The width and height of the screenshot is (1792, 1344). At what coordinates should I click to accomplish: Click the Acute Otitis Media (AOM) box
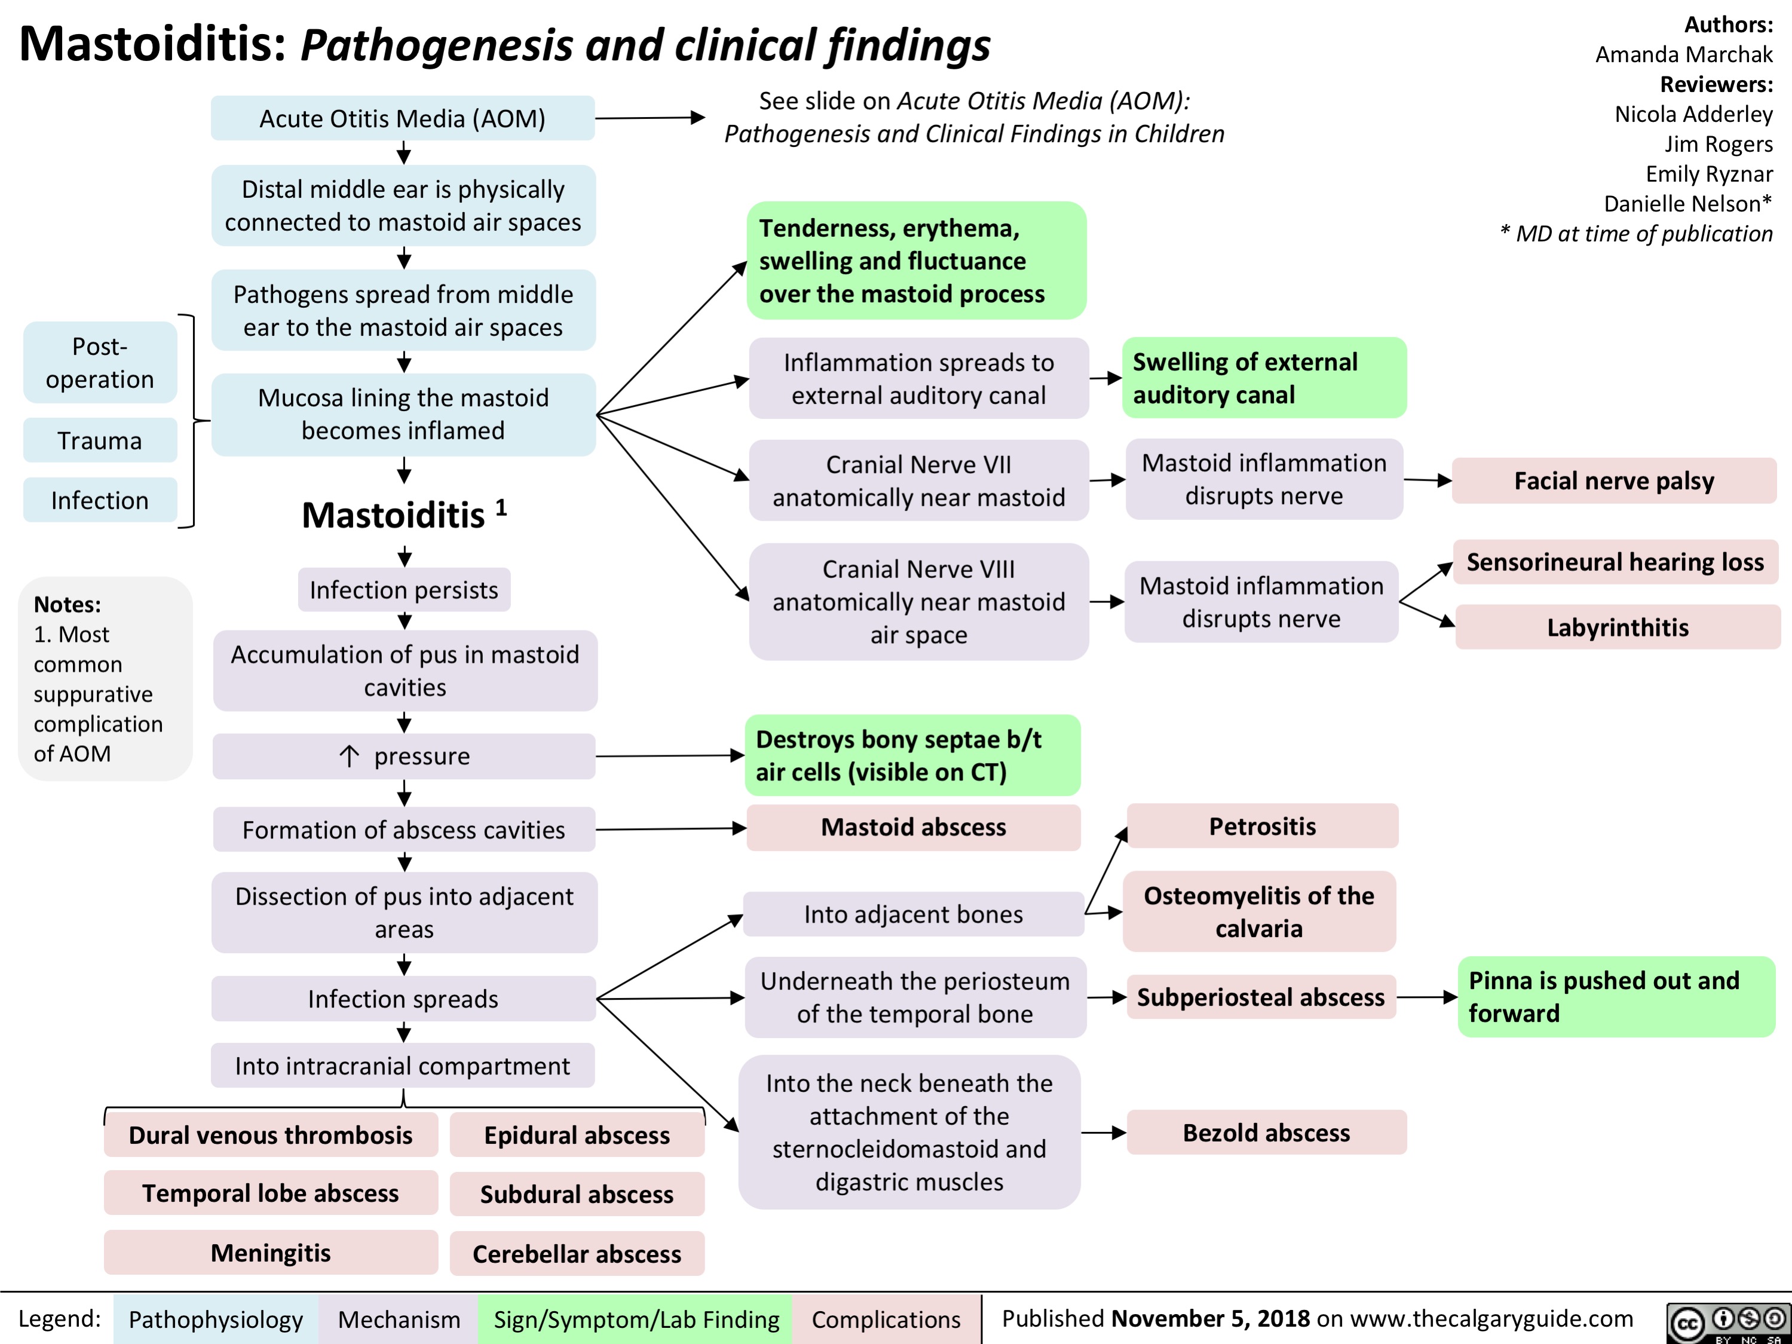[x=403, y=118]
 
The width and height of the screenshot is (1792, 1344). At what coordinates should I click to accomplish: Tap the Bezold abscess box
[x=1266, y=1132]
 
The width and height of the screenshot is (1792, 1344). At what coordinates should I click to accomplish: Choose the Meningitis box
[x=271, y=1253]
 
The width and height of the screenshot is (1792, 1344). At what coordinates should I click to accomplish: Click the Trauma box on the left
[x=100, y=440]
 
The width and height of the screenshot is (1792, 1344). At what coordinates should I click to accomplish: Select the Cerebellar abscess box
[x=577, y=1253]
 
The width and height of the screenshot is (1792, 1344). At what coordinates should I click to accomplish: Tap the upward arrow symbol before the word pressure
[x=349, y=756]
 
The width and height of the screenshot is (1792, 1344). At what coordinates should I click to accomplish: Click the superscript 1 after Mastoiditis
[x=501, y=507]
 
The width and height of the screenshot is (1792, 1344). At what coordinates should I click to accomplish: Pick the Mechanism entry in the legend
[x=399, y=1319]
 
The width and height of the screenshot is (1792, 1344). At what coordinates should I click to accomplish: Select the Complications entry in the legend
[x=886, y=1319]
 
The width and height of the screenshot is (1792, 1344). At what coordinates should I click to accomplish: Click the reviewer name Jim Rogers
[x=1719, y=143]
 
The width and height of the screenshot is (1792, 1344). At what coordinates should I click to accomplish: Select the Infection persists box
[x=403, y=589]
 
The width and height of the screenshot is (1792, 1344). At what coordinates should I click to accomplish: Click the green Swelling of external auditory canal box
[x=1263, y=378]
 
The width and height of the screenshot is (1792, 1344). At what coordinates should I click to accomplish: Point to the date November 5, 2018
[x=1211, y=1318]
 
